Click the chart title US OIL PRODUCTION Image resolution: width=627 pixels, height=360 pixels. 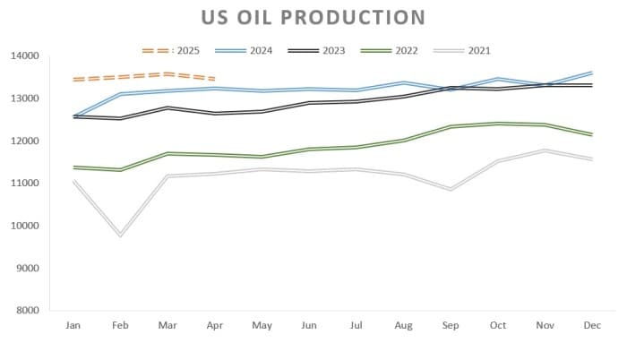[313, 18]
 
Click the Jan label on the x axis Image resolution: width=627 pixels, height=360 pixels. [73, 326]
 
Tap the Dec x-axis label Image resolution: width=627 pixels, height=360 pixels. [592, 326]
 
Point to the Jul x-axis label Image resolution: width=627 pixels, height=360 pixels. [356, 326]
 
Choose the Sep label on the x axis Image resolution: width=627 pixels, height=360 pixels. [451, 326]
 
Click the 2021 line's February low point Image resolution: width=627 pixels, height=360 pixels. [121, 235]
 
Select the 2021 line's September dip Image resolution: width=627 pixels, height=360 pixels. [451, 190]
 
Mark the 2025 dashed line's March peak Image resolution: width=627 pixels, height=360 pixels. [167, 74]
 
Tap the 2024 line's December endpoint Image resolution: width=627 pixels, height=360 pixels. [592, 73]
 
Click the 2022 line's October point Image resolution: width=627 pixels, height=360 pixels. [498, 124]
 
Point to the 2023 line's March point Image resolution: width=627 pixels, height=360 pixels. [167, 107]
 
